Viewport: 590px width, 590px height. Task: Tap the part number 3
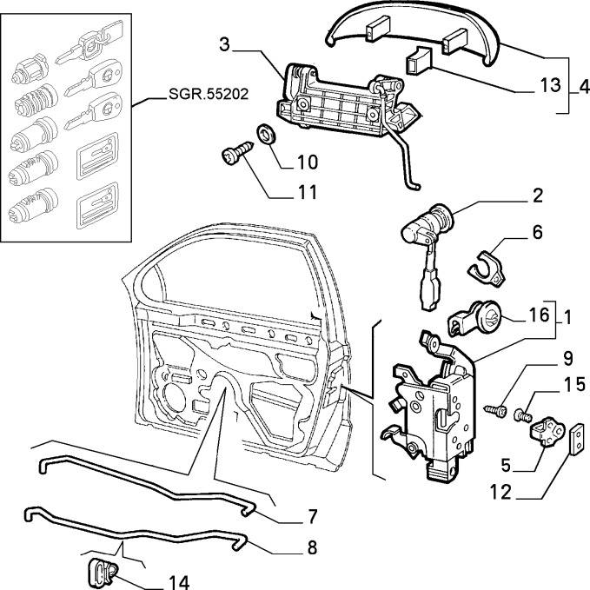point(224,44)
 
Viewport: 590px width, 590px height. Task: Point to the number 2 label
point(538,196)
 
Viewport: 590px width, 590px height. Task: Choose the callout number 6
point(537,232)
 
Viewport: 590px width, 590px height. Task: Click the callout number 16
point(538,314)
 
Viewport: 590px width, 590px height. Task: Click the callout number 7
point(310,517)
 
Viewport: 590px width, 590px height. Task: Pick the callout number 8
point(310,548)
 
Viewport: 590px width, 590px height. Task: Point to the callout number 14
point(177,581)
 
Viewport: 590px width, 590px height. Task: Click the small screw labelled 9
point(498,407)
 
